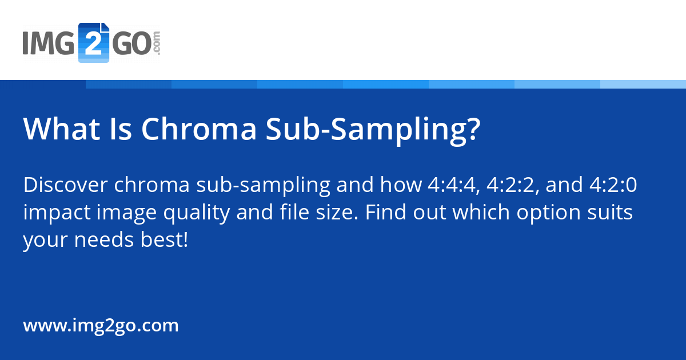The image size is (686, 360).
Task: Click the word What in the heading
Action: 58,130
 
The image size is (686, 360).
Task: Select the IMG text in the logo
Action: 49,44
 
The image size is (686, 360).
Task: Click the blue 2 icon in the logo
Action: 93,43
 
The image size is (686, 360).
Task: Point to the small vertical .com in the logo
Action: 157,43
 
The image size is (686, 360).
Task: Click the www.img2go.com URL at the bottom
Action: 101,326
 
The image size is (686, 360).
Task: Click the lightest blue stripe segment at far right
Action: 643,84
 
